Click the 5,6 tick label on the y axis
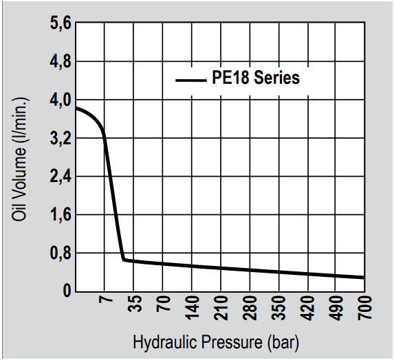pos(61,23)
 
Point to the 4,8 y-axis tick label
pos(61,62)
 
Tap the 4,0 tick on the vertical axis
pos(61,100)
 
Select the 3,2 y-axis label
pos(61,139)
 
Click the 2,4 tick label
pos(61,177)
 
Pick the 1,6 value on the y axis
pos(61,216)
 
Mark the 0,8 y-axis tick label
pos(61,254)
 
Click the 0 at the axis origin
pos(67,291)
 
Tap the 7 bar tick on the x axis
pos(105,300)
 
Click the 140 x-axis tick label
pos(193,308)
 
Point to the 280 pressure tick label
pos(250,308)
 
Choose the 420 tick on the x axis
pos(308,308)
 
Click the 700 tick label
pos(365,308)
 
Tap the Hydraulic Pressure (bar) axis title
pos(216,342)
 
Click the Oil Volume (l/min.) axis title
pos(19,159)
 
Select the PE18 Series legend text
pos(256,78)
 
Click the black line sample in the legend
pos(191,80)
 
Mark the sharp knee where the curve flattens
pos(124,260)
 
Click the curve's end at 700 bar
pos(363,278)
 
